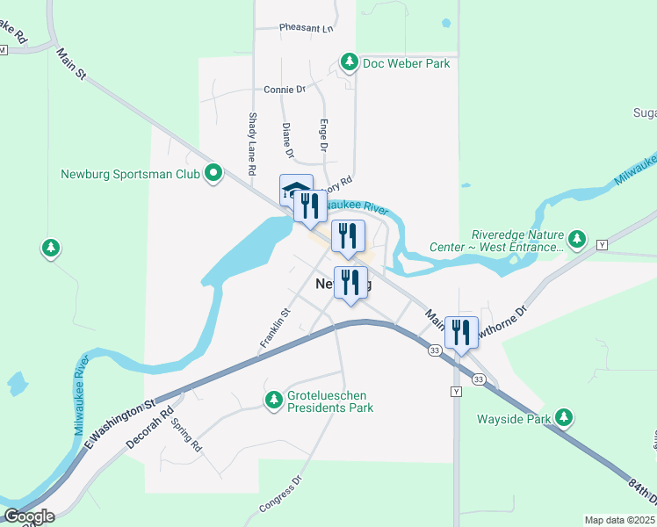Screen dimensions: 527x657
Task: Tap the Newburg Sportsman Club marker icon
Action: coord(213,173)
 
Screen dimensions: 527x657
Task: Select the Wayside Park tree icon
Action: coord(567,418)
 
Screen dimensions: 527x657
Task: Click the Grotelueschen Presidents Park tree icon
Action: coord(274,401)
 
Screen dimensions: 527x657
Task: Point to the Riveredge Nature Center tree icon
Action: coord(577,239)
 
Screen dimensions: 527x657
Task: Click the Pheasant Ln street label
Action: coord(307,28)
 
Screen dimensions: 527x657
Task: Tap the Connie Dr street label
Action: coord(284,90)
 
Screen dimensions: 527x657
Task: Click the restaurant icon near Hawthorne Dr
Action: coord(461,333)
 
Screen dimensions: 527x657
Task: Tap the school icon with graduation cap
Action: coord(296,189)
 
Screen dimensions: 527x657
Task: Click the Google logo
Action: coord(29,516)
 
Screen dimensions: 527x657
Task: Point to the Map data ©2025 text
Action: coord(619,520)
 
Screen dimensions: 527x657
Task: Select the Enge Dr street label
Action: coord(322,135)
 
